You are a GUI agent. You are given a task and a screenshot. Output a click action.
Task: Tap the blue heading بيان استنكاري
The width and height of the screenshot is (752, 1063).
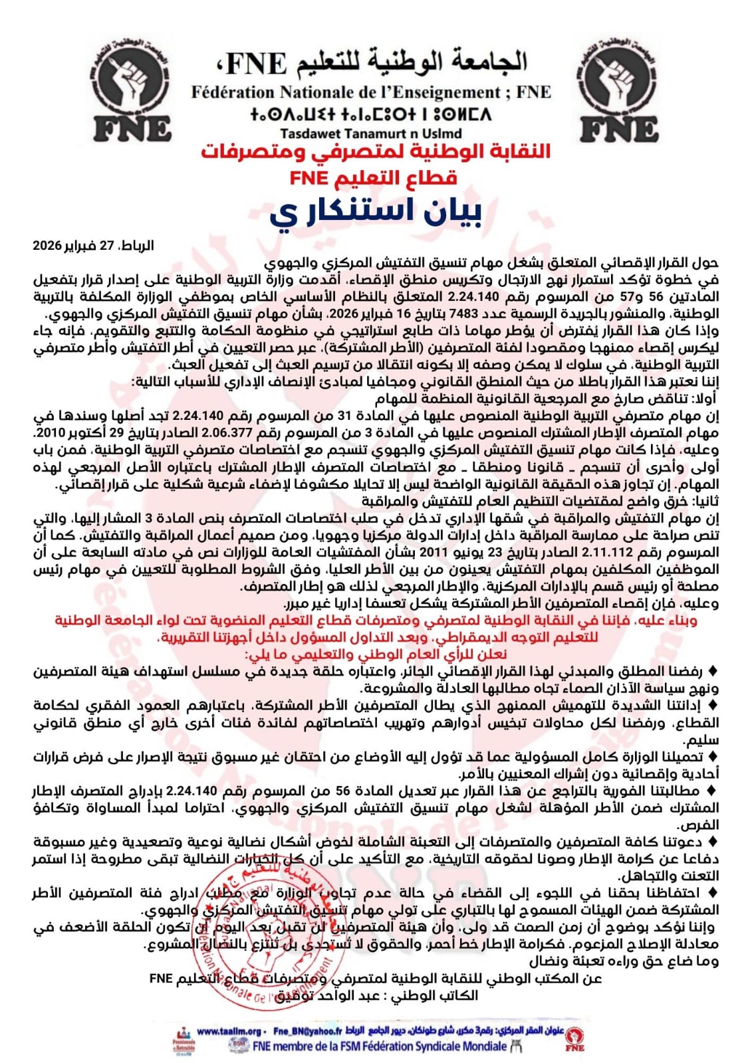click(376, 211)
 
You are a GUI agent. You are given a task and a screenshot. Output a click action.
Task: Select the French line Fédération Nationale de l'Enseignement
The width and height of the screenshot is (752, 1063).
click(371, 92)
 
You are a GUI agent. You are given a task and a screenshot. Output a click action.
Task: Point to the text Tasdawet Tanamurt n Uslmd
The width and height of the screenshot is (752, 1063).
click(371, 134)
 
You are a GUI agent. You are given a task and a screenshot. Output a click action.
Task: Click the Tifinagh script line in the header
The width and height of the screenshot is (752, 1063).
click(371, 114)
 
